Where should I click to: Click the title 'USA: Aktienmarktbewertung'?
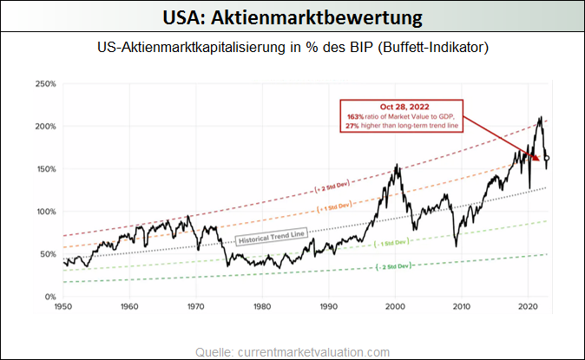tap(292, 16)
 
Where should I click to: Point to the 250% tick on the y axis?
tap(46, 84)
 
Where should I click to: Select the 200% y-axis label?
tap(46, 127)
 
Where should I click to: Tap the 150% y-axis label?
tap(46, 169)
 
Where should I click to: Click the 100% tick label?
tap(46, 212)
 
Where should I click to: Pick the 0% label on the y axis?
tap(50, 297)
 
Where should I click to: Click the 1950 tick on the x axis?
tap(62, 307)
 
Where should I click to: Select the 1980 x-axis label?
tap(262, 307)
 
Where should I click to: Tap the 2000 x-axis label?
tap(396, 307)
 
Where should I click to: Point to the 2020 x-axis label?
tap(529, 307)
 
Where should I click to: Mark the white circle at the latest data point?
tap(547, 158)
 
